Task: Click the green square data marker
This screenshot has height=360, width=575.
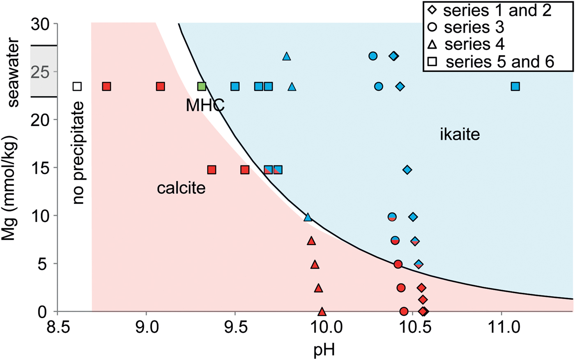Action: [202, 86]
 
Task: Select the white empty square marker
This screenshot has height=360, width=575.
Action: [77, 86]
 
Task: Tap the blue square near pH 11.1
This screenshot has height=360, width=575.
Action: [515, 86]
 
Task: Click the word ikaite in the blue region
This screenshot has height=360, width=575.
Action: [460, 134]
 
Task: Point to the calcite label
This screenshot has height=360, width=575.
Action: [181, 188]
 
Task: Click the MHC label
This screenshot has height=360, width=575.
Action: [205, 106]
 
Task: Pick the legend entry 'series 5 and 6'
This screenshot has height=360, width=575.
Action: [500, 62]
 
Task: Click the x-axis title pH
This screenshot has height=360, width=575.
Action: [324, 350]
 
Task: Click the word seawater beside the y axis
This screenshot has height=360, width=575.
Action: [13, 72]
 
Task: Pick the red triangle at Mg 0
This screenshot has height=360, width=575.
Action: [322, 312]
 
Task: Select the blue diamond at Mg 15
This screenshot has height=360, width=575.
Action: [407, 170]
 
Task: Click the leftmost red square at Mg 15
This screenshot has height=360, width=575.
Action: [212, 170]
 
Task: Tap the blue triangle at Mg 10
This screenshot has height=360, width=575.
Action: [308, 217]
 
